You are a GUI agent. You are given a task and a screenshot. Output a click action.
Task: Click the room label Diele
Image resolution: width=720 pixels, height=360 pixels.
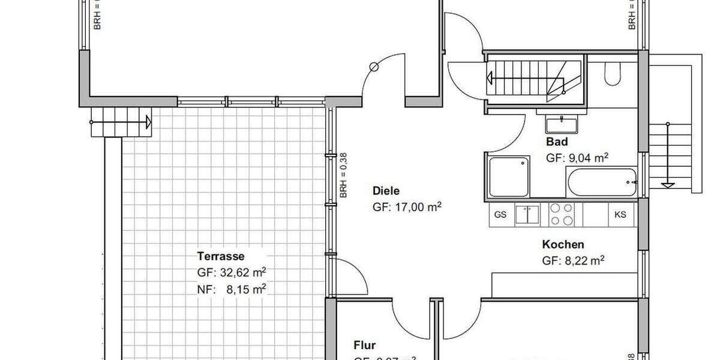coord(386,191)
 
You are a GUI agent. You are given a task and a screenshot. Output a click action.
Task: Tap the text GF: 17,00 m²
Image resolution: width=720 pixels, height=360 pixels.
coord(407,207)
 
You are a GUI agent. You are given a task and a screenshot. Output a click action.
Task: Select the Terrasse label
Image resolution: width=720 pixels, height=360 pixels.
coord(220,256)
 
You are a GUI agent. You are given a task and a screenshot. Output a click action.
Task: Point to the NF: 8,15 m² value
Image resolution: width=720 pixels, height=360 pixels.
coord(232,289)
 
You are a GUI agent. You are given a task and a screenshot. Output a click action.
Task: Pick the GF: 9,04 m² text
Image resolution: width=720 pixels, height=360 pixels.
coord(577,158)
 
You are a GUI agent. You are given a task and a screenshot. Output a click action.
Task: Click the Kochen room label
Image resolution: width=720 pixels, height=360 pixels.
coord(563,245)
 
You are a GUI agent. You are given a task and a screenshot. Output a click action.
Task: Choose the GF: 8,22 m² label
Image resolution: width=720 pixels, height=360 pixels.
coord(572,261)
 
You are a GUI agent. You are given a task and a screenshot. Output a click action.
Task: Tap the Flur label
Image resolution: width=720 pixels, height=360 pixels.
coord(364,346)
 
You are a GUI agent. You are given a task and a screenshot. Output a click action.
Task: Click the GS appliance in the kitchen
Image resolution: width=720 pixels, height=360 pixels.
coord(500,215)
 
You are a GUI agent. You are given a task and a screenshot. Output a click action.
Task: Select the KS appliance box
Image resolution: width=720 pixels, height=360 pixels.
coord(620,215)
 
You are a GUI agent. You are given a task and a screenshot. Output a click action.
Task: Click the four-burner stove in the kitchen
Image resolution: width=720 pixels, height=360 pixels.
coord(561,215)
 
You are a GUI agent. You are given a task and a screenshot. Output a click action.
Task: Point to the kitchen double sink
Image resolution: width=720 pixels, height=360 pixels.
coord(528,215)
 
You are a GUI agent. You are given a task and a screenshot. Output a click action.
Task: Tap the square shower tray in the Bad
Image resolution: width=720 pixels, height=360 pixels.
coord(509,177)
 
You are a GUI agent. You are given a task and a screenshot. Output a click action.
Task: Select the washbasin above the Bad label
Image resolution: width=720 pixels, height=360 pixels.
coord(562,124)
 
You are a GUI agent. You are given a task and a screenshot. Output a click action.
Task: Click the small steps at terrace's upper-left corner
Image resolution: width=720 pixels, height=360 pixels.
coord(121,123)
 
